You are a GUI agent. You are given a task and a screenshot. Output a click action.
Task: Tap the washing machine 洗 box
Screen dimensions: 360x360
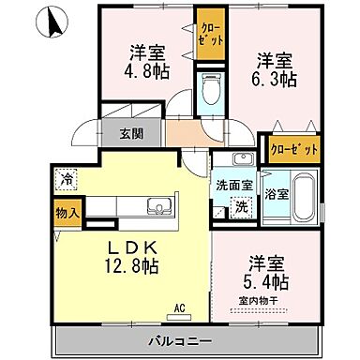point(241,207)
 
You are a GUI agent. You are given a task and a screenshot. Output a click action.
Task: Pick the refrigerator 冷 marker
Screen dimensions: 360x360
point(66,175)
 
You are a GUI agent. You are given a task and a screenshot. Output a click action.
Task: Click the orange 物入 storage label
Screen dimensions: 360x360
point(65,212)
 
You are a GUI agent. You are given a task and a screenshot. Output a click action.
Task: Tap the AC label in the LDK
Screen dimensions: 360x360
point(179,305)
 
